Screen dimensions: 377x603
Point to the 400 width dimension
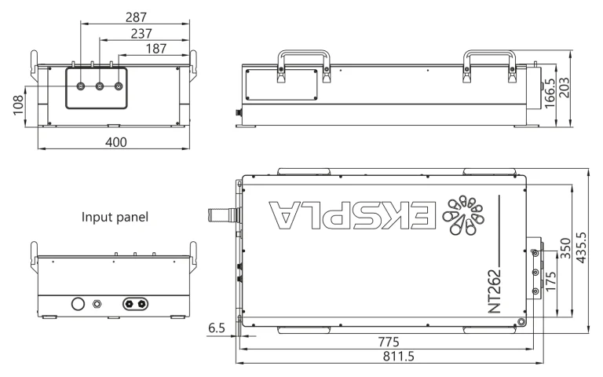click(x=118, y=141)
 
